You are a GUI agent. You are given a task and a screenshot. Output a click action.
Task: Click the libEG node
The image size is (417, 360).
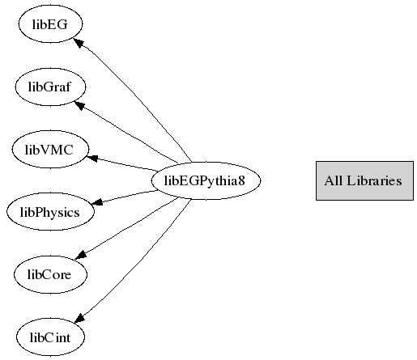click(x=50, y=24)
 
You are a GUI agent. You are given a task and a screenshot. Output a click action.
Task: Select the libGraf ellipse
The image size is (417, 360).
click(x=50, y=87)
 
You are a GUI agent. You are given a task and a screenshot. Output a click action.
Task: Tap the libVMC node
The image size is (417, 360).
click(x=50, y=149)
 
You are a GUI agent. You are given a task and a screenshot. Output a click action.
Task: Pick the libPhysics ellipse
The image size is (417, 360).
click(x=50, y=212)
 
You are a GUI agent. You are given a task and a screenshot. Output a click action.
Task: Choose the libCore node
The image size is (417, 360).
click(x=50, y=274)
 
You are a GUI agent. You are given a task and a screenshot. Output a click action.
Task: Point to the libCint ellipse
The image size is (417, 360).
click(x=50, y=337)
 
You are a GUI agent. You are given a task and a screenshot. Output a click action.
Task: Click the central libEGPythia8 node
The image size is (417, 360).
click(x=206, y=180)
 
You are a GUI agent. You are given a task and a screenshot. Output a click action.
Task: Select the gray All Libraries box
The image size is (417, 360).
click(x=364, y=180)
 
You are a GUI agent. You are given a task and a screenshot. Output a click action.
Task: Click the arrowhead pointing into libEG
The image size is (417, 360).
click(x=79, y=44)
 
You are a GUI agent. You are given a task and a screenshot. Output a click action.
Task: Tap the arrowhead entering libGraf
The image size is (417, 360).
click(x=80, y=105)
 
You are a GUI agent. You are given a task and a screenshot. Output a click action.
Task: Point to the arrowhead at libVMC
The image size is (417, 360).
click(x=91, y=158)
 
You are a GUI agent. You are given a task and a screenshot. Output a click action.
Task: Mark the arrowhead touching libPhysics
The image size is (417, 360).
click(x=97, y=202)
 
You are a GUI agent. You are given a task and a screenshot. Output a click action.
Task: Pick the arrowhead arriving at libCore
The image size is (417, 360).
click(x=80, y=255)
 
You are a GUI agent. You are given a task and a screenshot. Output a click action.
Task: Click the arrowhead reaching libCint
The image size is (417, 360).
click(x=80, y=318)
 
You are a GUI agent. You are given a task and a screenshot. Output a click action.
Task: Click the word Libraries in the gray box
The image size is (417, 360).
click(x=374, y=180)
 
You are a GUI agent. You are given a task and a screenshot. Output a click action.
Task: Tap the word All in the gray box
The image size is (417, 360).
click(x=334, y=180)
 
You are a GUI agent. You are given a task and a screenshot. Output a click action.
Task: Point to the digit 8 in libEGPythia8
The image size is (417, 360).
click(x=241, y=180)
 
